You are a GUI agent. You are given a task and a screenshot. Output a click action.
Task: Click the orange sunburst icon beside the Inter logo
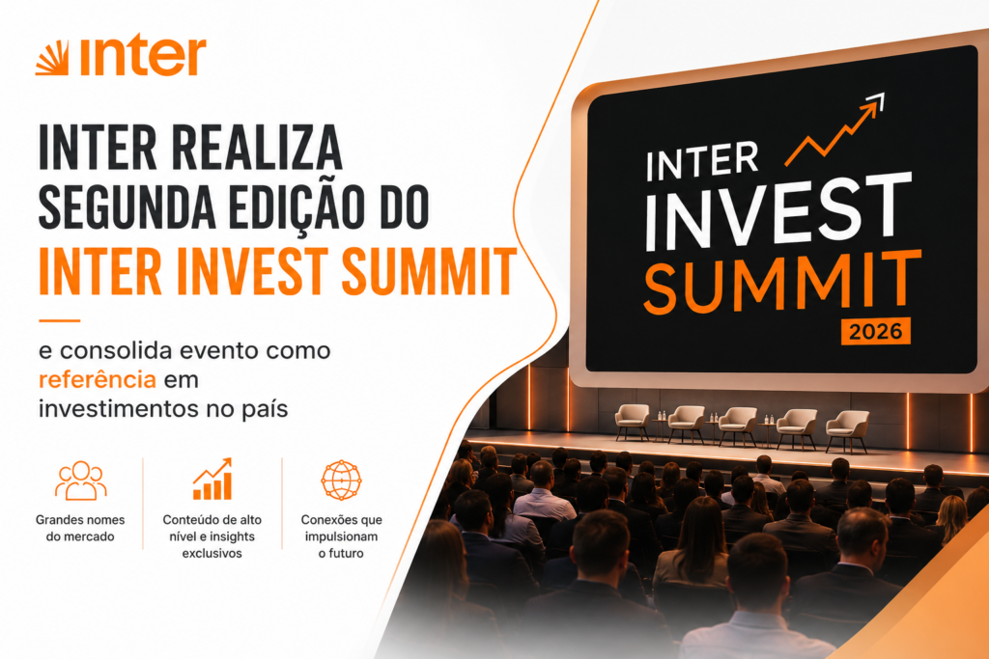point(52,58)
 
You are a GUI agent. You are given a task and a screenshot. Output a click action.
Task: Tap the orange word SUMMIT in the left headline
point(430,271)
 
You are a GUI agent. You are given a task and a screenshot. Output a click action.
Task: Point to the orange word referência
point(98,380)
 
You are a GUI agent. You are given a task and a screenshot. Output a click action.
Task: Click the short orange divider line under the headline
point(59,320)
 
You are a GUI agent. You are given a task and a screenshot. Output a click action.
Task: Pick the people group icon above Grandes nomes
point(81,481)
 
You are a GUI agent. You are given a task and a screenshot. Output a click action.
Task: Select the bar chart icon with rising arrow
point(212,480)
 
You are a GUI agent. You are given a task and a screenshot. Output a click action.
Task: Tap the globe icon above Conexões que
point(341,481)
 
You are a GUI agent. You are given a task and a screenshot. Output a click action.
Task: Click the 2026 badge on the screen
point(875,331)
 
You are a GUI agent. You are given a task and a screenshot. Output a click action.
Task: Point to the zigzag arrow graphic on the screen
point(834,130)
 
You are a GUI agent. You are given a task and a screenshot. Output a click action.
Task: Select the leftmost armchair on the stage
point(633,422)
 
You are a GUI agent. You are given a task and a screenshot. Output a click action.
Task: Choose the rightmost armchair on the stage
point(847,431)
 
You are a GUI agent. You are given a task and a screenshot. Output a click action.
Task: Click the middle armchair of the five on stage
point(737,426)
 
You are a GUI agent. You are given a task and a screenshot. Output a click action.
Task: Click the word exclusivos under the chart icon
point(212,554)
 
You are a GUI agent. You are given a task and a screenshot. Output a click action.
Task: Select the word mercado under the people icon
point(89,536)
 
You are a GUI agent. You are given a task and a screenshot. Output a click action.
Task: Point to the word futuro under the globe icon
point(347,554)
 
